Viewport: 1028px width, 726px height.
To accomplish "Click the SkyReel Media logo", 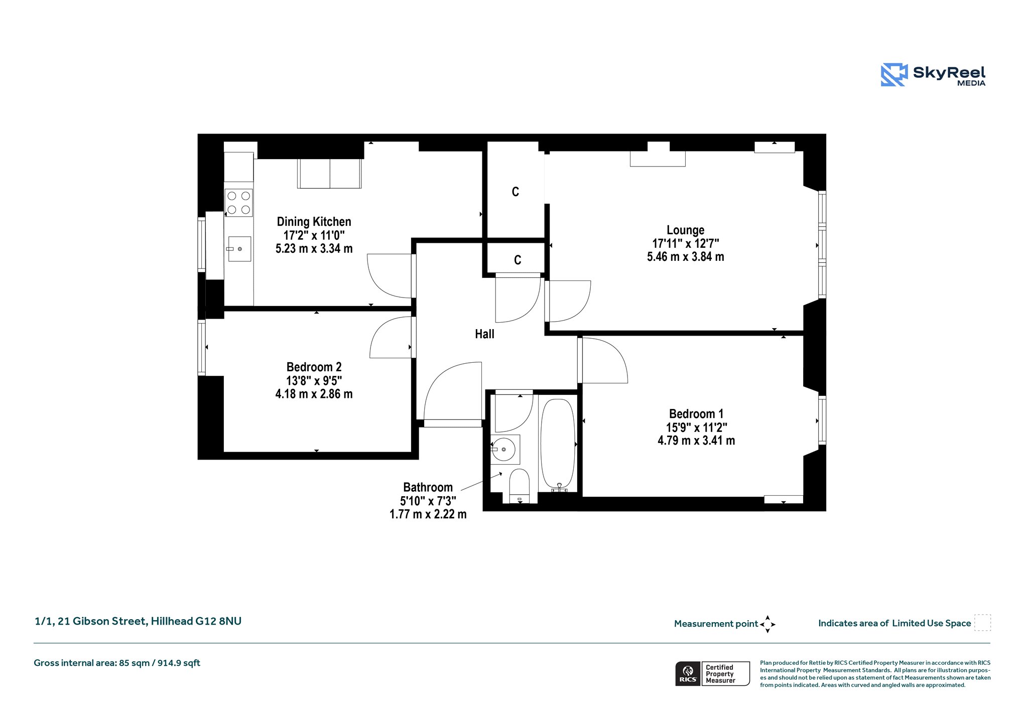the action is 933,75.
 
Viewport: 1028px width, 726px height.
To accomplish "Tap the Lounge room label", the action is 685,230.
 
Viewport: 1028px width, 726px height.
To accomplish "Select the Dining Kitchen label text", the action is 314,222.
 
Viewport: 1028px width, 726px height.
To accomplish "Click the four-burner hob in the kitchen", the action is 238,203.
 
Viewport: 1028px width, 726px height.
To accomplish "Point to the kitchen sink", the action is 239,249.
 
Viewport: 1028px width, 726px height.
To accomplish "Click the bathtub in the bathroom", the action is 558,445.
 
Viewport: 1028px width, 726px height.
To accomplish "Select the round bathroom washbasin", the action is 503,450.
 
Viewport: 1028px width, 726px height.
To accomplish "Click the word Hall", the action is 484,334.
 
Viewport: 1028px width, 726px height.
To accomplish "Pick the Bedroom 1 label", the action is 696,414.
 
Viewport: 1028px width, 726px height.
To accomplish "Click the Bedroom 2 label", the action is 314,367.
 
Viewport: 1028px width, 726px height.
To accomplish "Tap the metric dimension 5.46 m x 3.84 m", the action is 685,257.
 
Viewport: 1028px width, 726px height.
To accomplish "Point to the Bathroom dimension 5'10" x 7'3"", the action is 428,501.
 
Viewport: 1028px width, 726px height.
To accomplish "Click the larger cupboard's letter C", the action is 515,192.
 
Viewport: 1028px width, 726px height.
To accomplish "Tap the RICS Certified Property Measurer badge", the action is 712,673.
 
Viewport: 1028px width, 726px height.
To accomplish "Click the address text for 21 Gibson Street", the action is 138,621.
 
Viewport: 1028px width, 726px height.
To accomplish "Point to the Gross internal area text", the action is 117,663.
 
